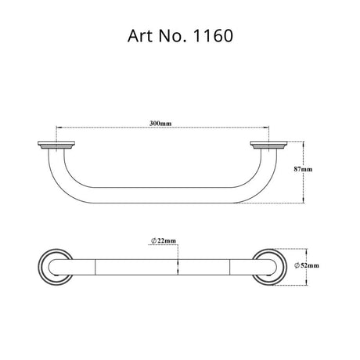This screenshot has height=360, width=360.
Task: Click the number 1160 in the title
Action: click(212, 36)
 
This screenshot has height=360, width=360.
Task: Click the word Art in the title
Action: click(140, 36)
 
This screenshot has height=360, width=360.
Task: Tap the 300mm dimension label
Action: click(160, 123)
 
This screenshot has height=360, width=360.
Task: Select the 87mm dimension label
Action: click(303, 169)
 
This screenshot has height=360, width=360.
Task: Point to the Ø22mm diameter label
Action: click(164, 240)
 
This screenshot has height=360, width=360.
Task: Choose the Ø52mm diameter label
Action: click(307, 265)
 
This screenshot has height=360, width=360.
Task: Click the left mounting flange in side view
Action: click(56, 145)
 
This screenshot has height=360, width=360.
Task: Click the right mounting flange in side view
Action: click(268, 145)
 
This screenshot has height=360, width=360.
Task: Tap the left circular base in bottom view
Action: click(41, 267)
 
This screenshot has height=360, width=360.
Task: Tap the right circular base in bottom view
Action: click(283, 267)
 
